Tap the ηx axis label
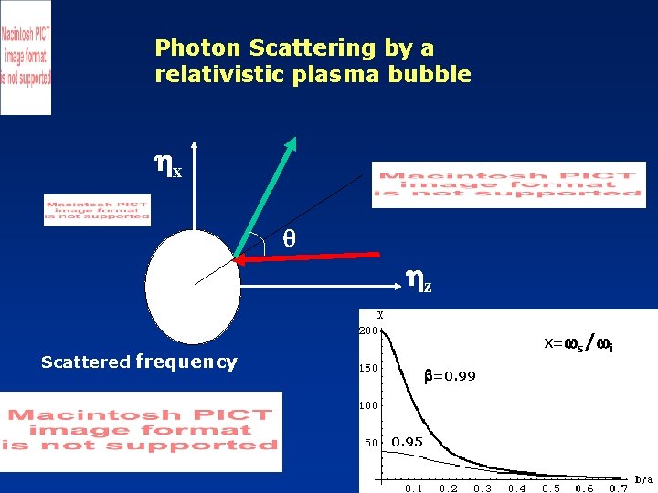coord(169,166)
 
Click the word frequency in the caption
coord(186,362)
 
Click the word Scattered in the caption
coord(86,362)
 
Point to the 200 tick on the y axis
coord(366,330)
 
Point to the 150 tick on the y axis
coord(366,369)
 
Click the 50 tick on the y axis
coord(370,443)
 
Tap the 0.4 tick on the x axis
coord(516,488)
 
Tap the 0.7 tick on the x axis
coord(620,488)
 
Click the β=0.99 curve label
coord(449,375)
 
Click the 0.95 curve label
coord(407,442)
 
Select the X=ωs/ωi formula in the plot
coord(578,344)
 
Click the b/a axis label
coord(643,478)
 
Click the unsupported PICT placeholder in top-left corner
coord(26,57)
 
